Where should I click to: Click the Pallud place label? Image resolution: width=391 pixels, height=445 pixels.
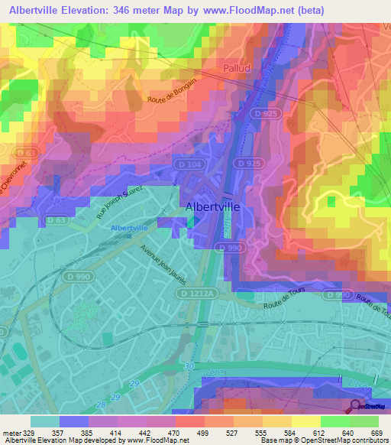tap(238, 68)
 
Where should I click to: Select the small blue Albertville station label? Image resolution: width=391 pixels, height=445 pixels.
tap(129, 228)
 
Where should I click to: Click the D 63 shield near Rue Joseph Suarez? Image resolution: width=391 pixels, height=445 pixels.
tap(55, 220)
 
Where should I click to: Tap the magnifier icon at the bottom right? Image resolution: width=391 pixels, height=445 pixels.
tap(356, 406)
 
